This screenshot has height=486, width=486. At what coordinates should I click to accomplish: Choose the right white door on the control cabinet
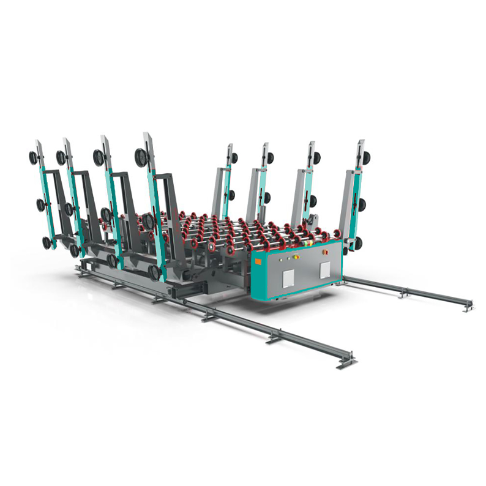point(324,269)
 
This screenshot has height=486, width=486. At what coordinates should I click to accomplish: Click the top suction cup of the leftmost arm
point(32,158)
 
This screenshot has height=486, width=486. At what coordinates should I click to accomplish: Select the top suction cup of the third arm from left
point(98,157)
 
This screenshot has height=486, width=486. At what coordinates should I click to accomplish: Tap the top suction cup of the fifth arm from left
point(234,157)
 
